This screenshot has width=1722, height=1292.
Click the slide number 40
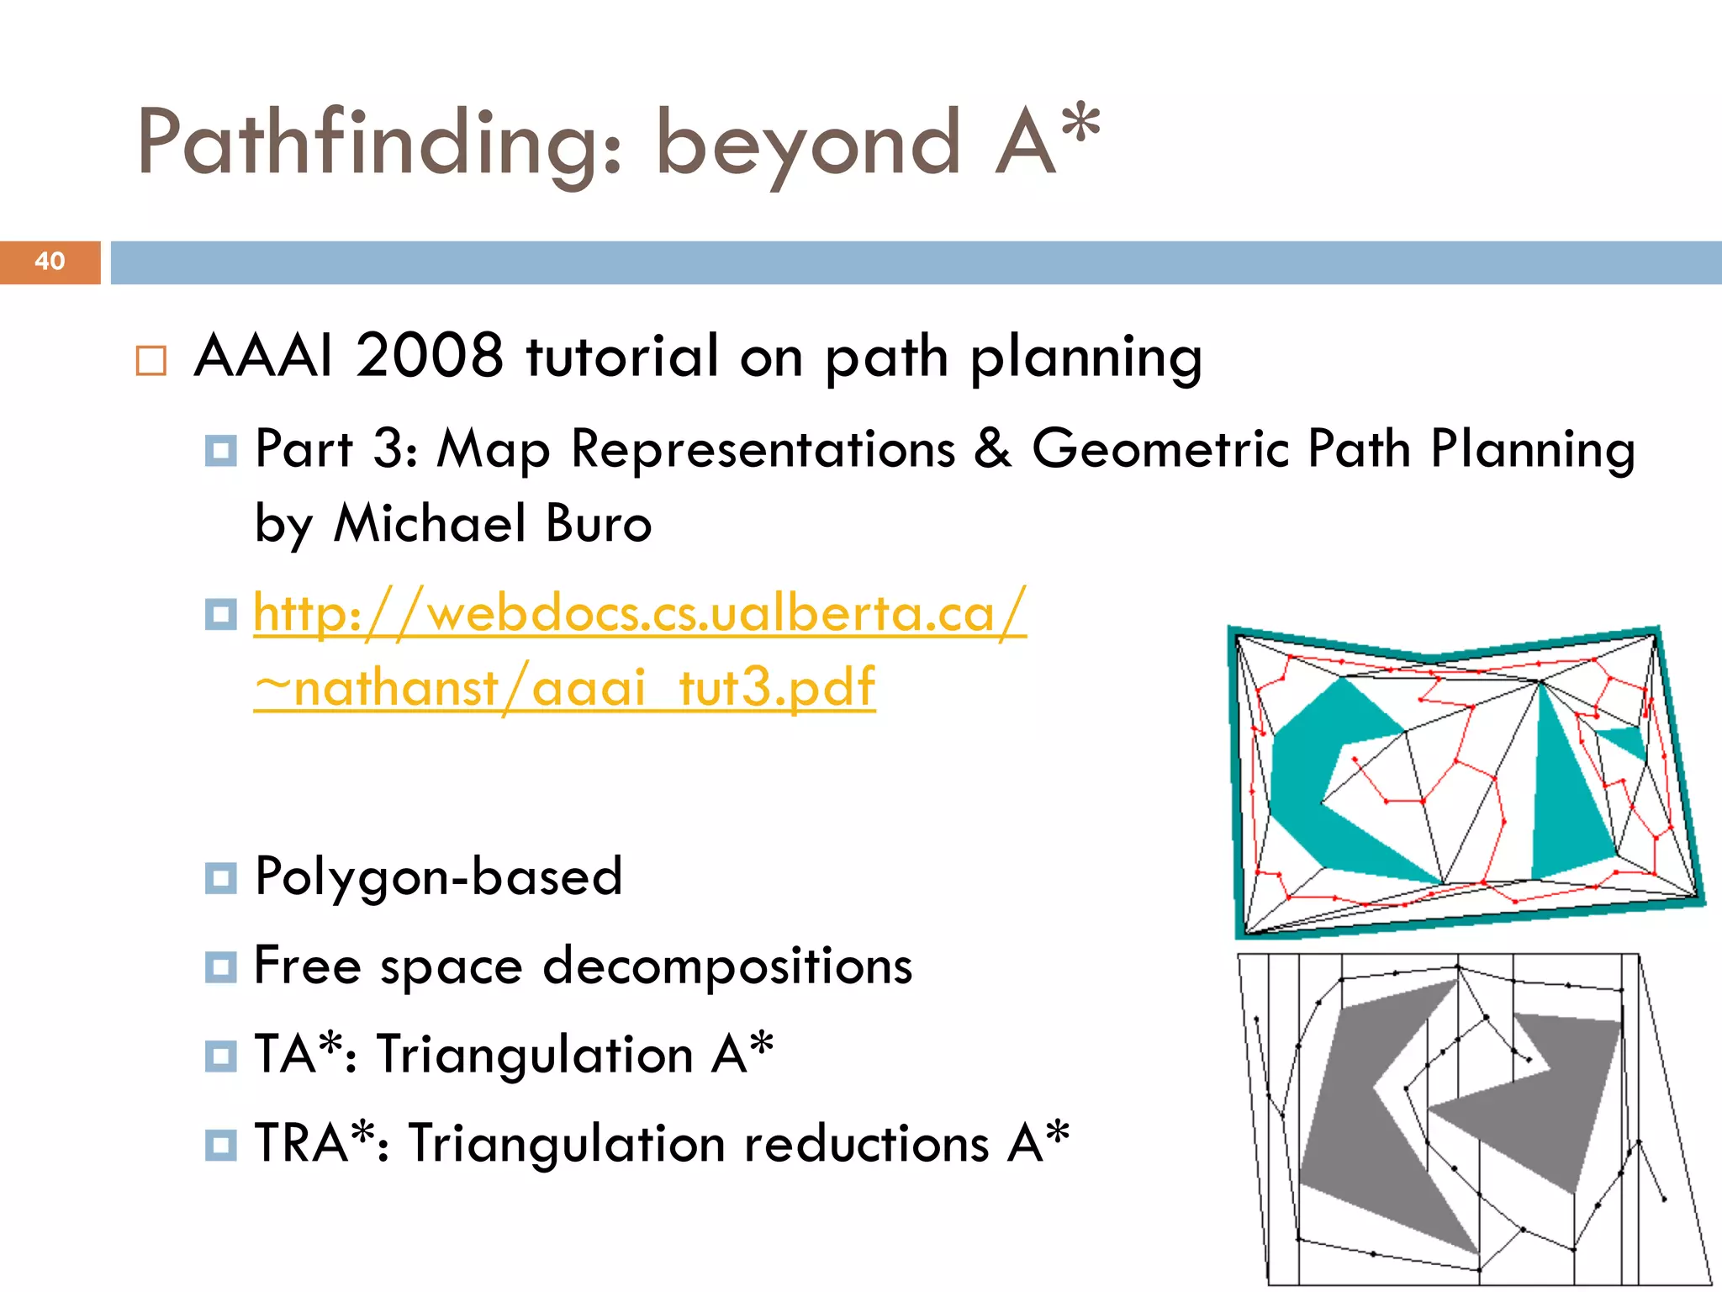(x=50, y=262)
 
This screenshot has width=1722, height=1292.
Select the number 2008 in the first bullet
(x=429, y=356)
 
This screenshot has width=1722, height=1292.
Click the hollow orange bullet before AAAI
(x=151, y=361)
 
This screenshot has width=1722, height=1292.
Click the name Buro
(x=598, y=523)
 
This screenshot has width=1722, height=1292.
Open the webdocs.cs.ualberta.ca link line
(x=639, y=612)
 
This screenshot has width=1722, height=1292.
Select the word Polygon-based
(x=438, y=876)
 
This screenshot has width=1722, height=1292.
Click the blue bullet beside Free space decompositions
(x=220, y=967)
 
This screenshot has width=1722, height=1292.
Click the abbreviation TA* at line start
(x=300, y=1054)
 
